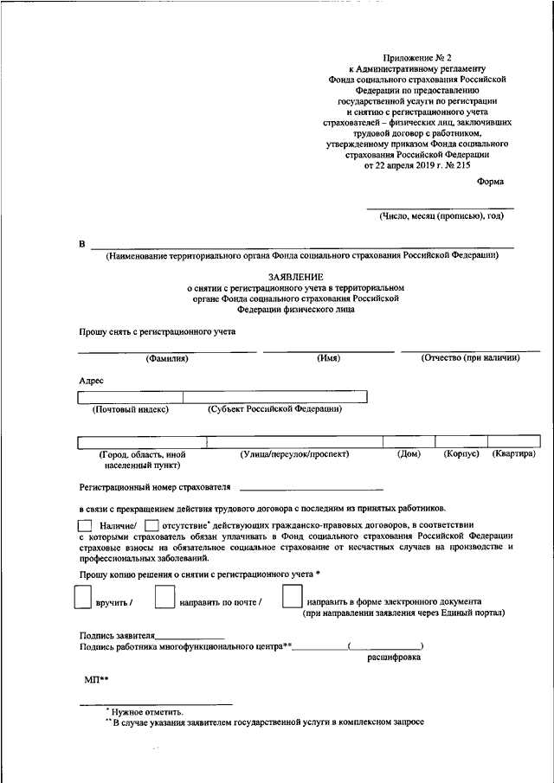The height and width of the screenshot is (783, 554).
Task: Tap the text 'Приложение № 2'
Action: [x=415, y=57]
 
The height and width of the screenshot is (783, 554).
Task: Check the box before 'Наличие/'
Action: [x=84, y=525]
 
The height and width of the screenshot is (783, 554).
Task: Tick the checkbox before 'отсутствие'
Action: [x=152, y=525]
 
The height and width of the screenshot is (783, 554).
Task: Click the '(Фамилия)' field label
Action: [x=167, y=358]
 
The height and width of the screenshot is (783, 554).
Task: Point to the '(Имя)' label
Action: [x=328, y=358]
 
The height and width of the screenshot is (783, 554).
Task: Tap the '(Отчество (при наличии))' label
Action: [x=470, y=358]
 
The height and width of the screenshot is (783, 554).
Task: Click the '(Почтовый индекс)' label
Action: [x=130, y=409]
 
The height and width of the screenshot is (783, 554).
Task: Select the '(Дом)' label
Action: [x=409, y=454]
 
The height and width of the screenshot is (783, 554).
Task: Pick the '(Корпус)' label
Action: [x=461, y=454]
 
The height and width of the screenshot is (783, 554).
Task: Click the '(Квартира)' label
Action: [x=514, y=454]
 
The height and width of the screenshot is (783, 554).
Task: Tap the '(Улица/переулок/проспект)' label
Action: [x=294, y=454]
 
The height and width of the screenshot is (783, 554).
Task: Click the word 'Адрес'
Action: [x=91, y=380]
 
